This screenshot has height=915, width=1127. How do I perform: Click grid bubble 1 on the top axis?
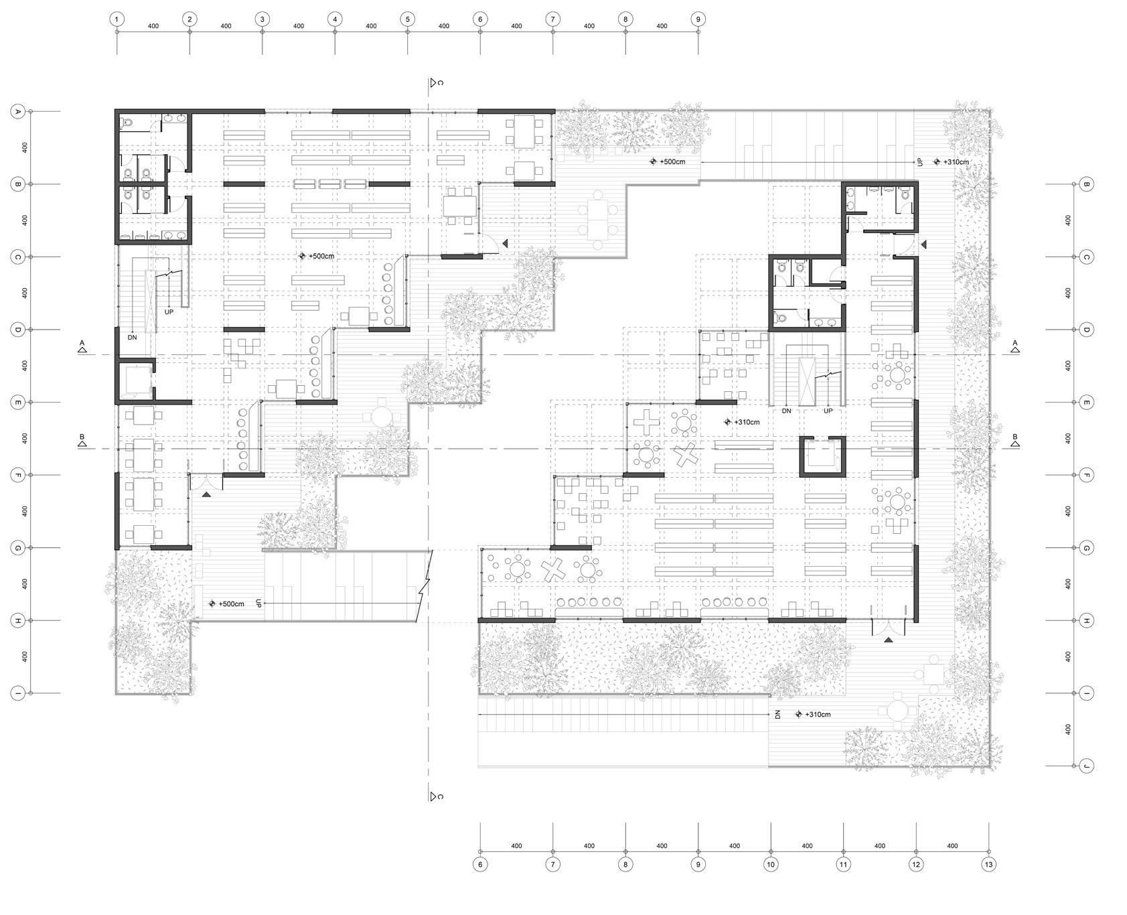tap(117, 19)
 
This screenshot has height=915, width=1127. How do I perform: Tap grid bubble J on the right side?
tap(1087, 766)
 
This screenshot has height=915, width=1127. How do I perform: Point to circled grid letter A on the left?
tap(18, 112)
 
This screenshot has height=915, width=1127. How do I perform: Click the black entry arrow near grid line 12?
tap(888, 641)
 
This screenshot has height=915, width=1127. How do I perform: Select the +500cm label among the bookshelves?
tap(321, 257)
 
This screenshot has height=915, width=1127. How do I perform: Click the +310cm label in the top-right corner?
tap(955, 162)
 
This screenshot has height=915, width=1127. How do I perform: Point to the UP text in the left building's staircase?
tap(169, 311)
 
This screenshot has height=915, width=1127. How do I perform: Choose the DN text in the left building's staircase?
tap(133, 337)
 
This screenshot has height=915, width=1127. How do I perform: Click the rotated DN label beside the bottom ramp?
tap(777, 715)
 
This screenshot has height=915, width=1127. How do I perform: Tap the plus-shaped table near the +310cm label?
tap(646, 423)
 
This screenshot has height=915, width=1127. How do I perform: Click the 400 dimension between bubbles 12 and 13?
tap(952, 846)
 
